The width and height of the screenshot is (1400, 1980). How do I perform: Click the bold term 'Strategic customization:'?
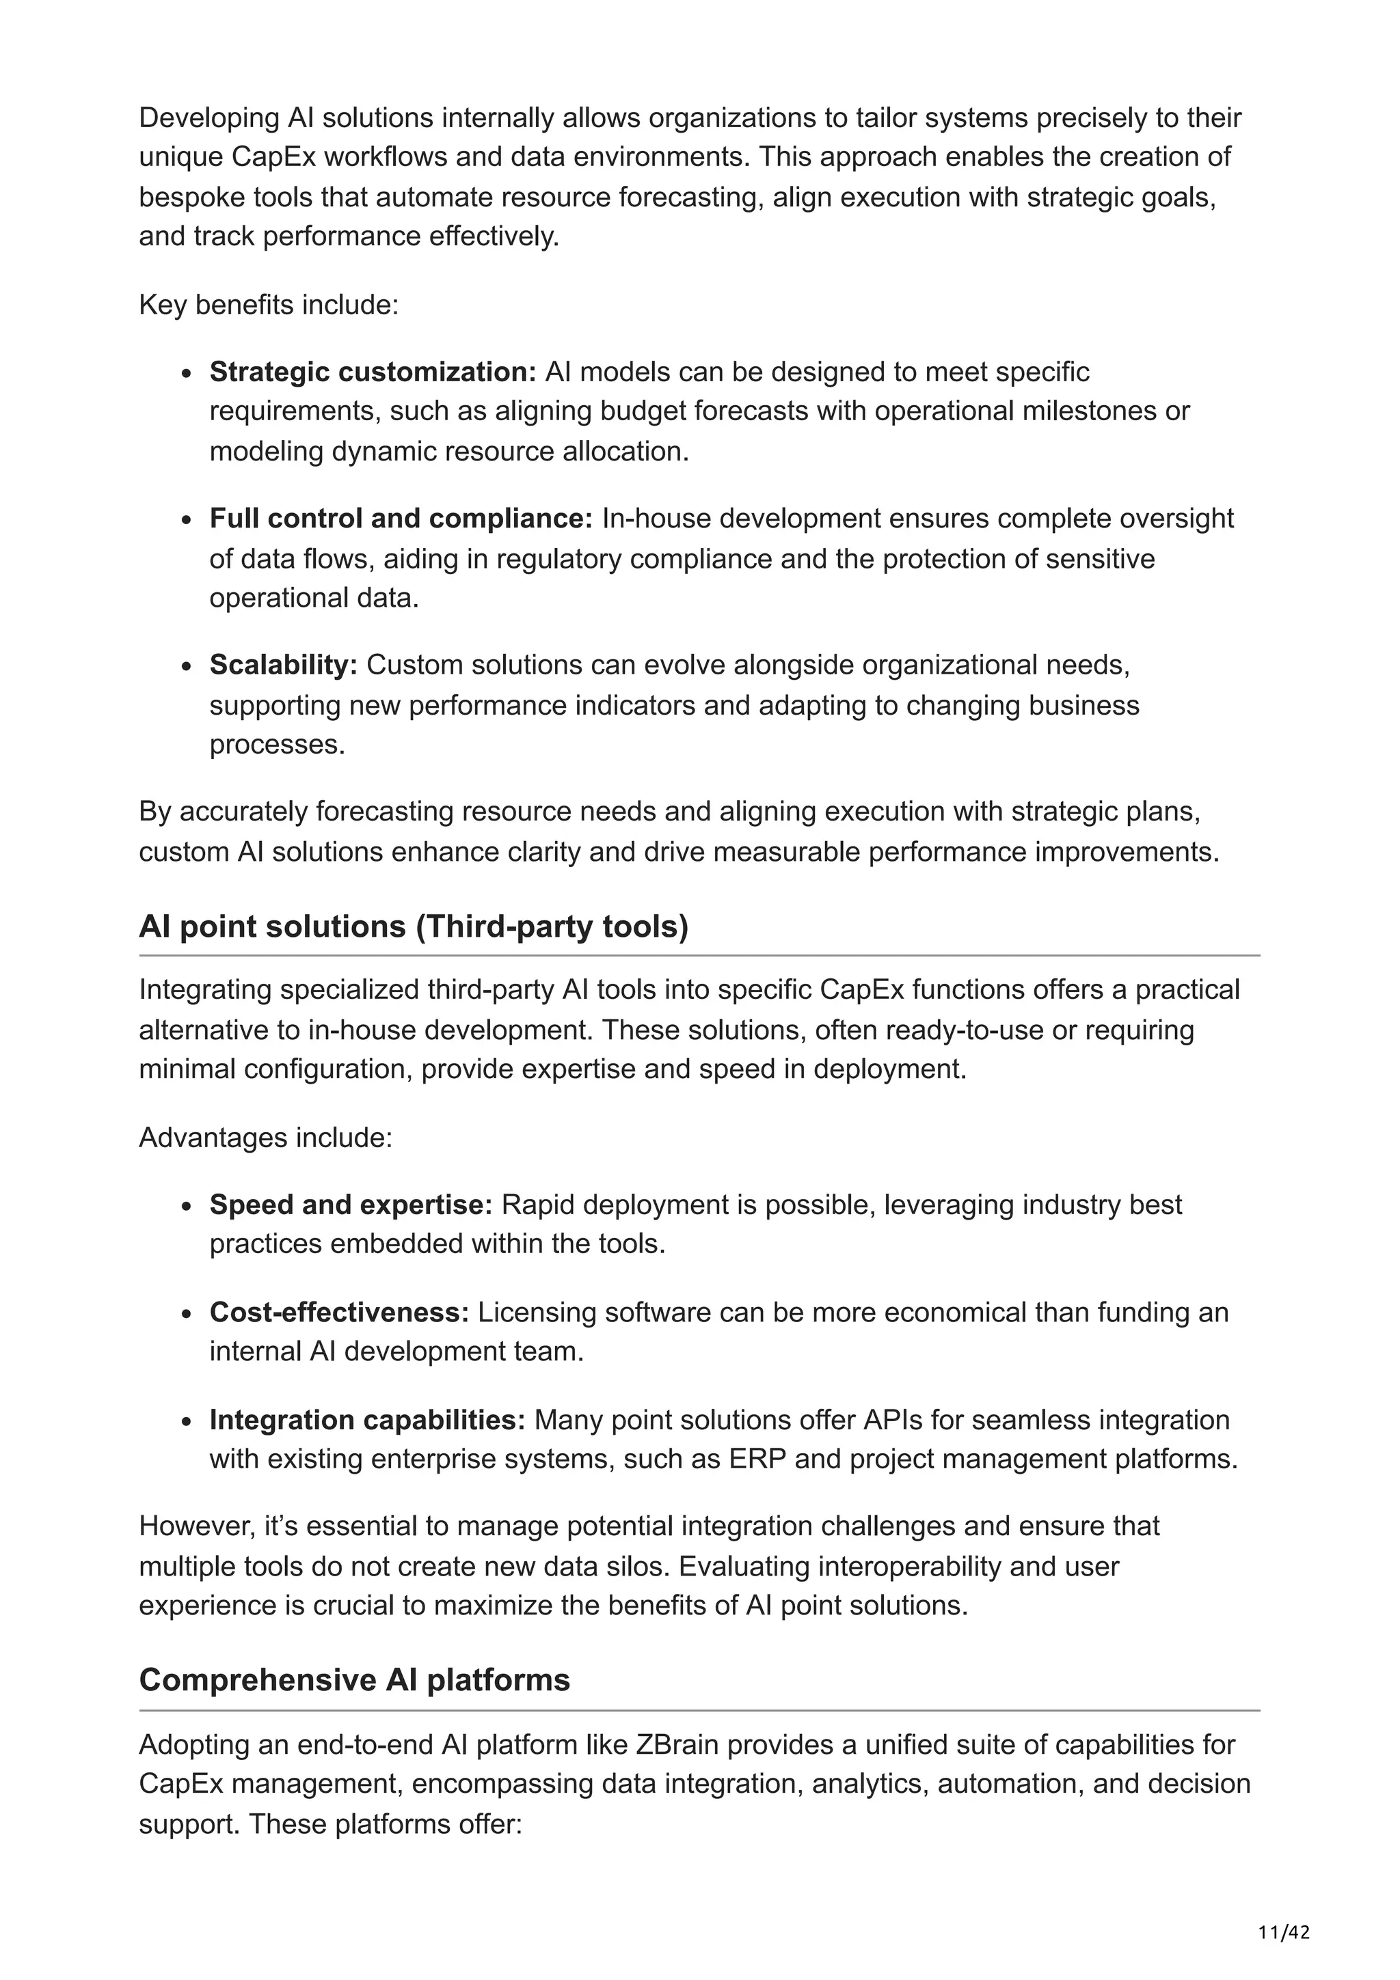pos(373,372)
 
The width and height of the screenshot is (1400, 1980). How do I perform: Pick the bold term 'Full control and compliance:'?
pos(401,519)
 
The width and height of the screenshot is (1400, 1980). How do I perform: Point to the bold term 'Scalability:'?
pos(283,665)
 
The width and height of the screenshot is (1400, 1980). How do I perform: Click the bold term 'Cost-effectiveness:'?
pos(339,1312)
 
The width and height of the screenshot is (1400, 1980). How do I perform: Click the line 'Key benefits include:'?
pos(268,305)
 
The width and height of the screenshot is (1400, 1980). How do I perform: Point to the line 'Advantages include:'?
pos(266,1138)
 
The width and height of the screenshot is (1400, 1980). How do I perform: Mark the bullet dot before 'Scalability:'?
pos(187,668)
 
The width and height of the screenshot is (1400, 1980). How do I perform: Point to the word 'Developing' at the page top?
pos(208,118)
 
